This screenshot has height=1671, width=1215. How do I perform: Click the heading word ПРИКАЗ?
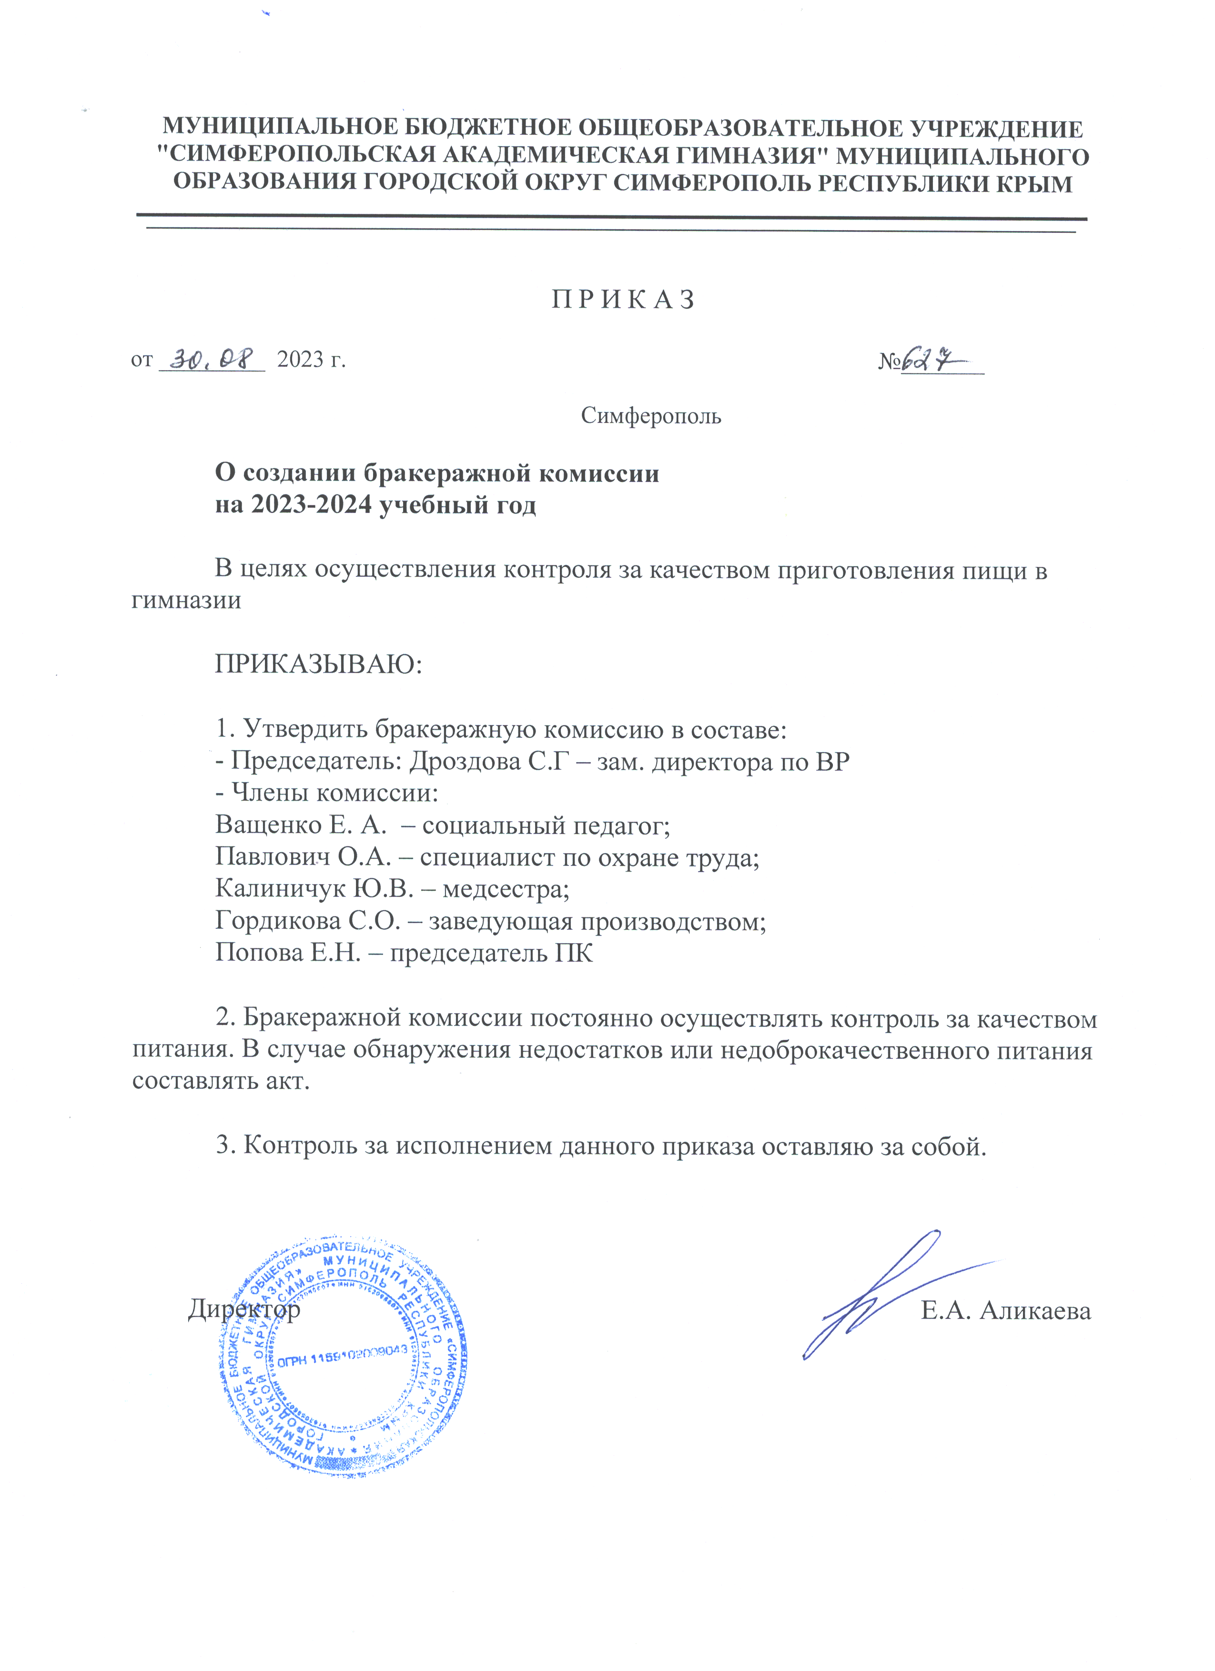click(623, 300)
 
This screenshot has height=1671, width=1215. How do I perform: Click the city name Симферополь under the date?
click(650, 416)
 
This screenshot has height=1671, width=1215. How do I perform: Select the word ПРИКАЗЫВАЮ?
click(318, 665)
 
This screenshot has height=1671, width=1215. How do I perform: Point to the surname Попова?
click(258, 953)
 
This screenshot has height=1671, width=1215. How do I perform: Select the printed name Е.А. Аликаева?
click(1006, 1311)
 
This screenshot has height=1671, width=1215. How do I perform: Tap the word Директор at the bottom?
click(244, 1309)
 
